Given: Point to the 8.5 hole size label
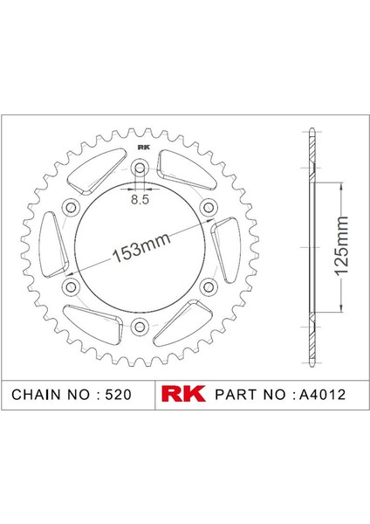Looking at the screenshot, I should tap(140, 199).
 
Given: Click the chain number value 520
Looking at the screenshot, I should tap(118, 394).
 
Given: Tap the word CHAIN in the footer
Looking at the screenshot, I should tap(35, 394).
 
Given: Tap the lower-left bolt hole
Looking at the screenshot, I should tap(71, 287).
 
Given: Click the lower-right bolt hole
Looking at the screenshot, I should tap(209, 287).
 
